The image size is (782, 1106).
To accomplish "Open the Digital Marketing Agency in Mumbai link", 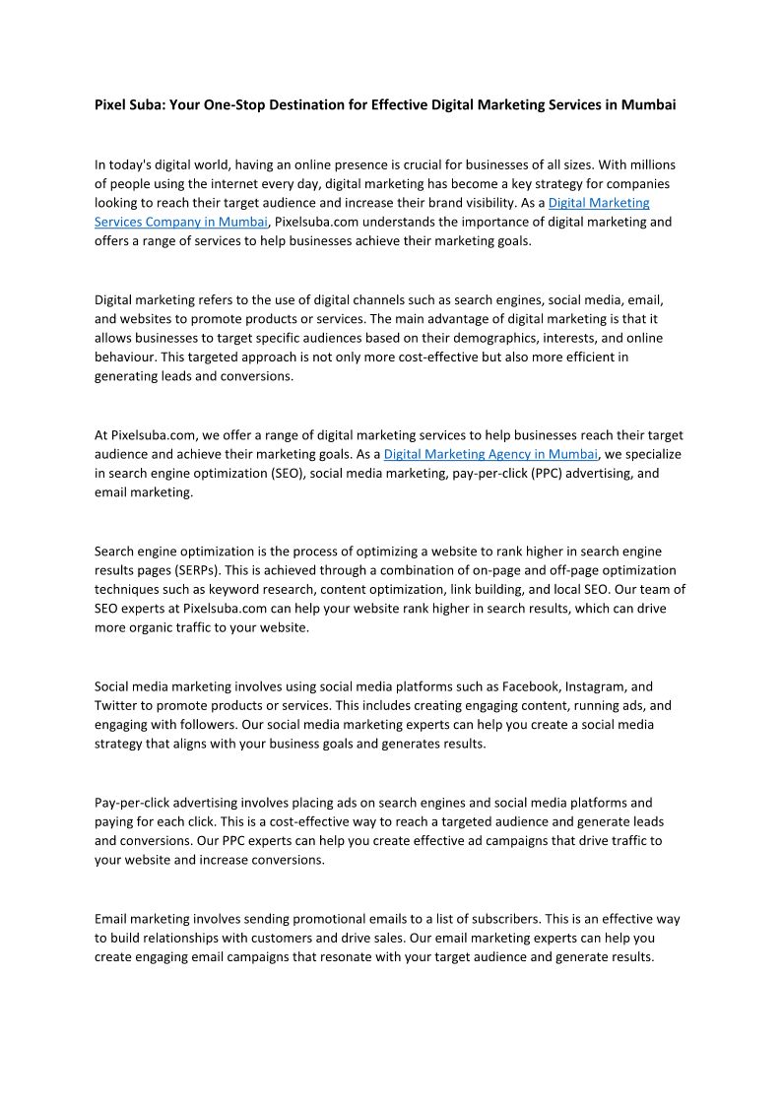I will point(490,454).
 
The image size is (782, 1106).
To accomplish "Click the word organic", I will point(161,627).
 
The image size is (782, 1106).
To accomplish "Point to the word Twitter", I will point(115,705).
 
